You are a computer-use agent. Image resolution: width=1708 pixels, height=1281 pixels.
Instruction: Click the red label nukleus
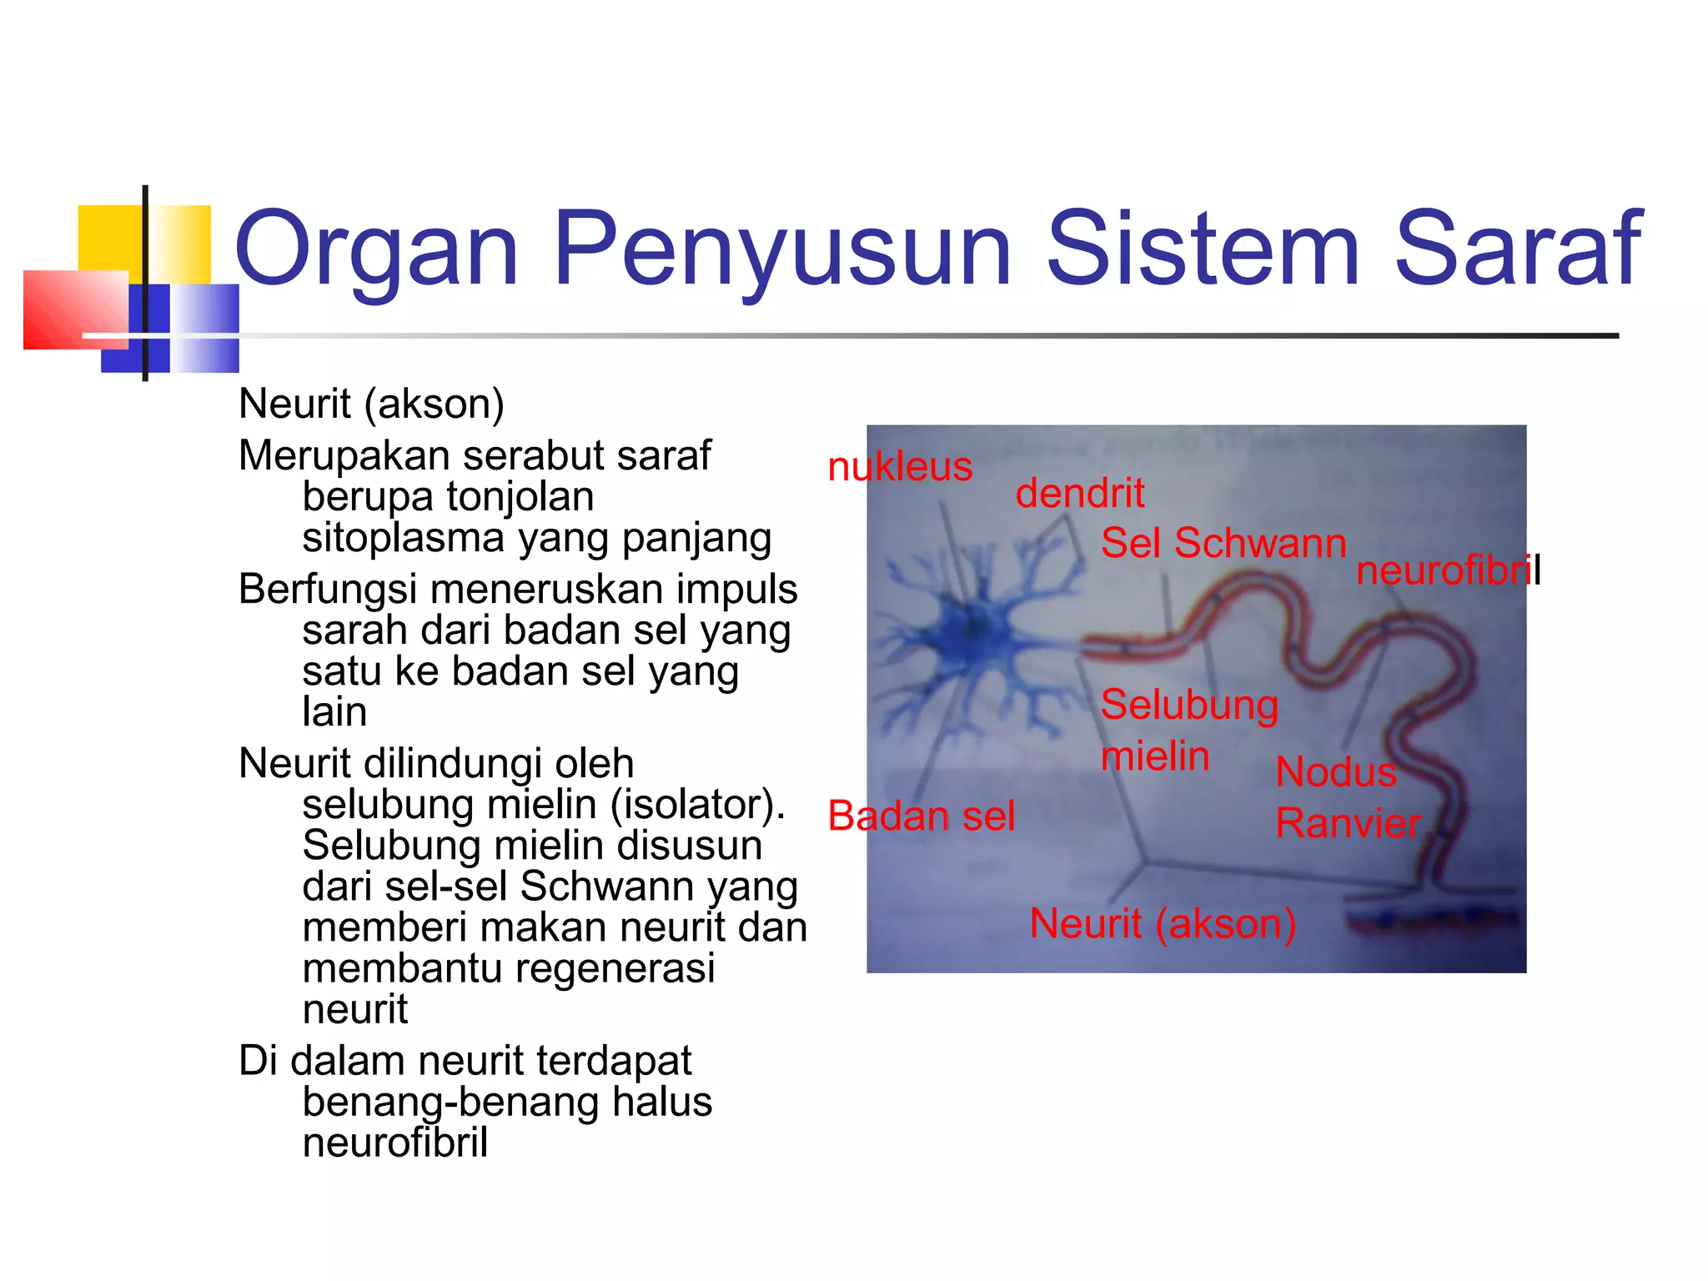click(x=899, y=466)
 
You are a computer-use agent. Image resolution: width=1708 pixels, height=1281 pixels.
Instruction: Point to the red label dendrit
click(x=1079, y=493)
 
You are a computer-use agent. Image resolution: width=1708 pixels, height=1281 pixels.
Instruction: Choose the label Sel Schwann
click(x=1223, y=543)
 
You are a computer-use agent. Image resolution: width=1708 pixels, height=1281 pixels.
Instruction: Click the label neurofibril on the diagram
click(x=1446, y=571)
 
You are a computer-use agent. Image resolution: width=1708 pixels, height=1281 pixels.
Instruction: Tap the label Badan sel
click(x=921, y=816)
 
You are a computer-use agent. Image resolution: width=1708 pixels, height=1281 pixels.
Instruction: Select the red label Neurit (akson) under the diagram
click(x=1163, y=924)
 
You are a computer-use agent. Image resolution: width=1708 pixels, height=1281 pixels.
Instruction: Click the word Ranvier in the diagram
click(x=1348, y=823)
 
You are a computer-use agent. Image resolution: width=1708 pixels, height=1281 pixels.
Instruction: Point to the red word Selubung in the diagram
click(x=1189, y=706)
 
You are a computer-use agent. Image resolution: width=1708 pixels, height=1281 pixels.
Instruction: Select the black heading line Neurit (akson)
click(x=371, y=404)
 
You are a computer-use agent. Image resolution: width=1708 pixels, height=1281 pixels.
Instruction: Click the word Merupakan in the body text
click(x=344, y=456)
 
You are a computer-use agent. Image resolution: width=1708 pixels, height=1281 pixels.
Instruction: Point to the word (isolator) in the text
click(x=697, y=805)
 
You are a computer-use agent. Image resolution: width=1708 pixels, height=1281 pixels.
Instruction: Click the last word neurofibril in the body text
click(x=394, y=1143)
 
